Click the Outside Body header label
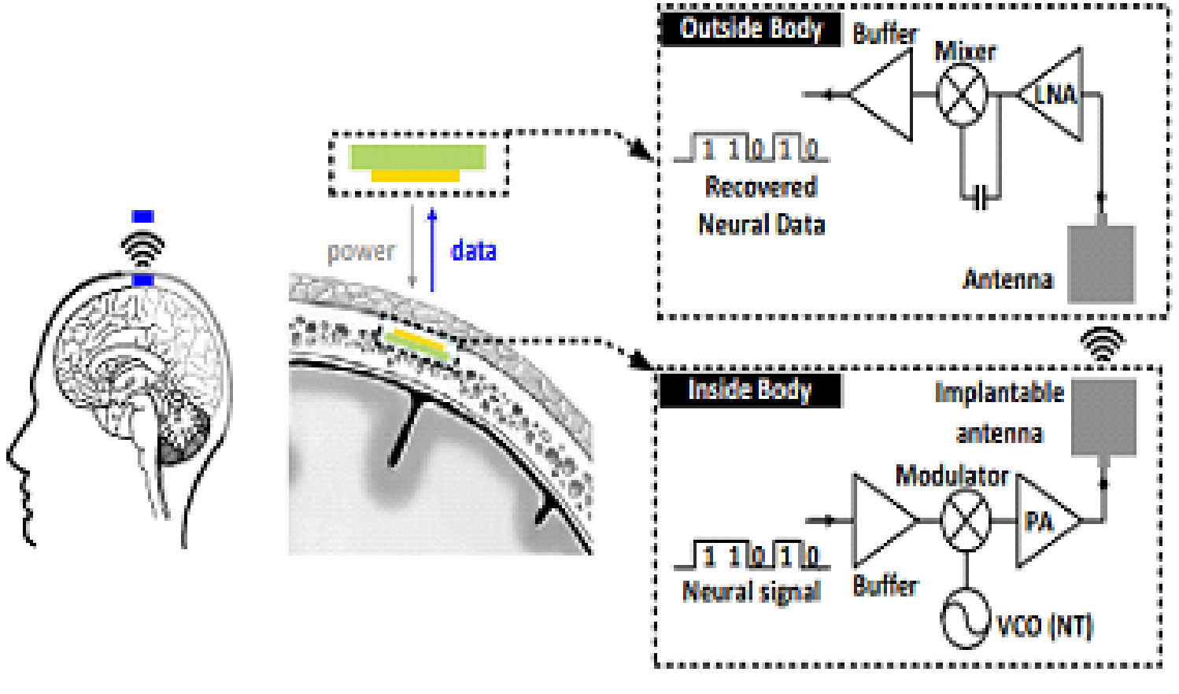750,29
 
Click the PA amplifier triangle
1044,520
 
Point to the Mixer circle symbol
961,94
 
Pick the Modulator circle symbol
965,520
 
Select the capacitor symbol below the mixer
980,198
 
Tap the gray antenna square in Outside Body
1100,263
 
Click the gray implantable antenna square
1103,417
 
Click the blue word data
473,251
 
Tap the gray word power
361,252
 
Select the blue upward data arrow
431,250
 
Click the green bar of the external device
417,157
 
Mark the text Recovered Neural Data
761,206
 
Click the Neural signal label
752,592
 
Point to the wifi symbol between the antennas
1102,343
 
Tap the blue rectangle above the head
142,216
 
